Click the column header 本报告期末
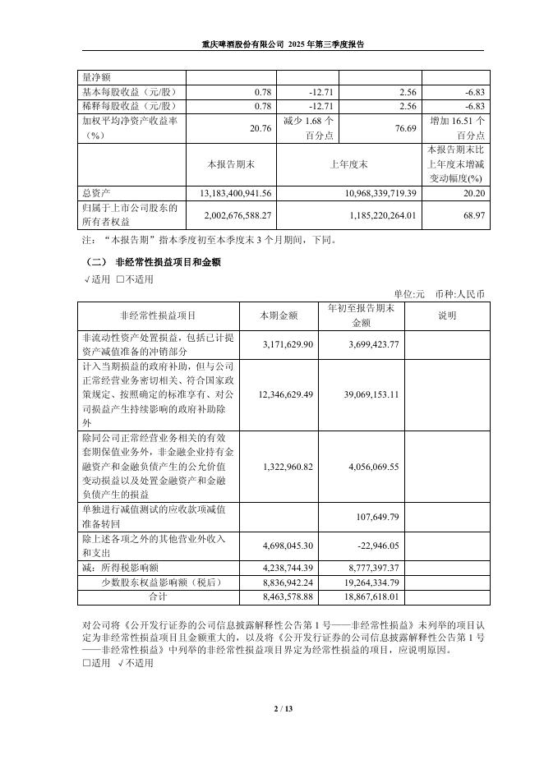coord(232,164)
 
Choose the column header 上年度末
coord(348,164)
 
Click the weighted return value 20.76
coord(260,128)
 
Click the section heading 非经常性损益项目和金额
coord(168,262)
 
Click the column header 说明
coord(447,315)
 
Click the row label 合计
coord(158,597)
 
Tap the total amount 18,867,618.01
coord(371,597)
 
